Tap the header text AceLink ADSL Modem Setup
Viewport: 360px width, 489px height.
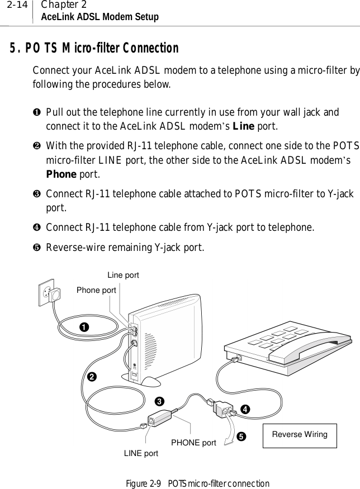(x=96, y=17)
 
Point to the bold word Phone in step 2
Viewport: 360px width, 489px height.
(x=60, y=174)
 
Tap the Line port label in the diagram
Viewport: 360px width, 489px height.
(x=123, y=275)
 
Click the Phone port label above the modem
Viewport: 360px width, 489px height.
(x=96, y=290)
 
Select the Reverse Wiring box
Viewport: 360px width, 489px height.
(x=300, y=434)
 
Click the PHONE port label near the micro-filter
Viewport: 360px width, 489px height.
(x=193, y=443)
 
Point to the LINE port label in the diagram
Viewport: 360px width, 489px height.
(x=140, y=453)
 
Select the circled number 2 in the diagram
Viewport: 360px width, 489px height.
(x=91, y=377)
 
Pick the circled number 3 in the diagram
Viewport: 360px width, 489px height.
(x=159, y=401)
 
